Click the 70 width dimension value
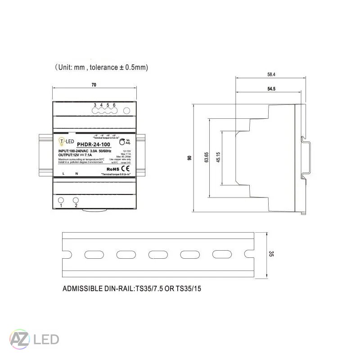tap(94, 85)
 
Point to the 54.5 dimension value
tap(271, 89)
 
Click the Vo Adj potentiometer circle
tap(122, 142)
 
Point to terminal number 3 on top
tap(95, 105)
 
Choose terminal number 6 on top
tap(114, 105)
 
